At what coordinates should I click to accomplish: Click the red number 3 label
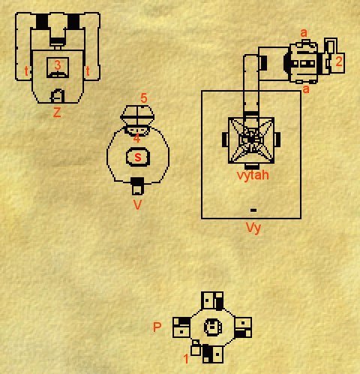(58, 65)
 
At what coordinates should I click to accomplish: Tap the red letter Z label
(57, 113)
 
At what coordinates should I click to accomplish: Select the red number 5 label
(144, 98)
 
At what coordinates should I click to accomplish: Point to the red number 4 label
(136, 138)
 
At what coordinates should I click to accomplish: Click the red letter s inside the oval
(138, 157)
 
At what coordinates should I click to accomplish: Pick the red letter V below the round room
(137, 205)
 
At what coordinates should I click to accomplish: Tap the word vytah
(253, 175)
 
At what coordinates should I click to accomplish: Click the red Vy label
(253, 228)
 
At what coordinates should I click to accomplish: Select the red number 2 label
(339, 62)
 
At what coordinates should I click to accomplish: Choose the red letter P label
(157, 327)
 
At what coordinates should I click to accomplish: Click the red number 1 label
(186, 359)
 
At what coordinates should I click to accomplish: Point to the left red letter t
(26, 71)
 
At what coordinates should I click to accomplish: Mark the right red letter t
(88, 71)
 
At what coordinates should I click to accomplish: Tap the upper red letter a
(304, 33)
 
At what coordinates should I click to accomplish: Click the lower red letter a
(306, 89)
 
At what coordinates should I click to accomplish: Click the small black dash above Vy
(253, 210)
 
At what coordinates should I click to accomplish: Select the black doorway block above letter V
(138, 182)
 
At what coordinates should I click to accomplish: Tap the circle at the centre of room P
(213, 327)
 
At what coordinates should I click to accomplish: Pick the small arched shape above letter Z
(58, 96)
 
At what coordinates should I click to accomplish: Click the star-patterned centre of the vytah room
(251, 140)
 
